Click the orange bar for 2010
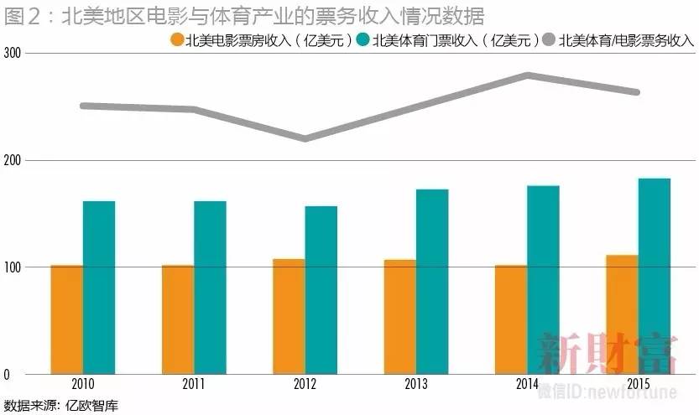tap(67, 319)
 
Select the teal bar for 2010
tap(99, 288)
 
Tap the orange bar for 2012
tap(289, 316)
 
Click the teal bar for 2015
tap(655, 276)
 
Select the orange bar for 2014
tap(511, 319)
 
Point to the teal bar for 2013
tap(432, 282)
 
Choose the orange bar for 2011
tap(178, 319)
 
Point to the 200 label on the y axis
tap(13, 160)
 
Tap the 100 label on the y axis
tap(13, 267)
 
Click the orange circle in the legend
tap(177, 39)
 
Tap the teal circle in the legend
tap(363, 39)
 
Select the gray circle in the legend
tap(550, 39)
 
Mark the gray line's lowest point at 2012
tap(305, 138)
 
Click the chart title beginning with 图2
tap(244, 15)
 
